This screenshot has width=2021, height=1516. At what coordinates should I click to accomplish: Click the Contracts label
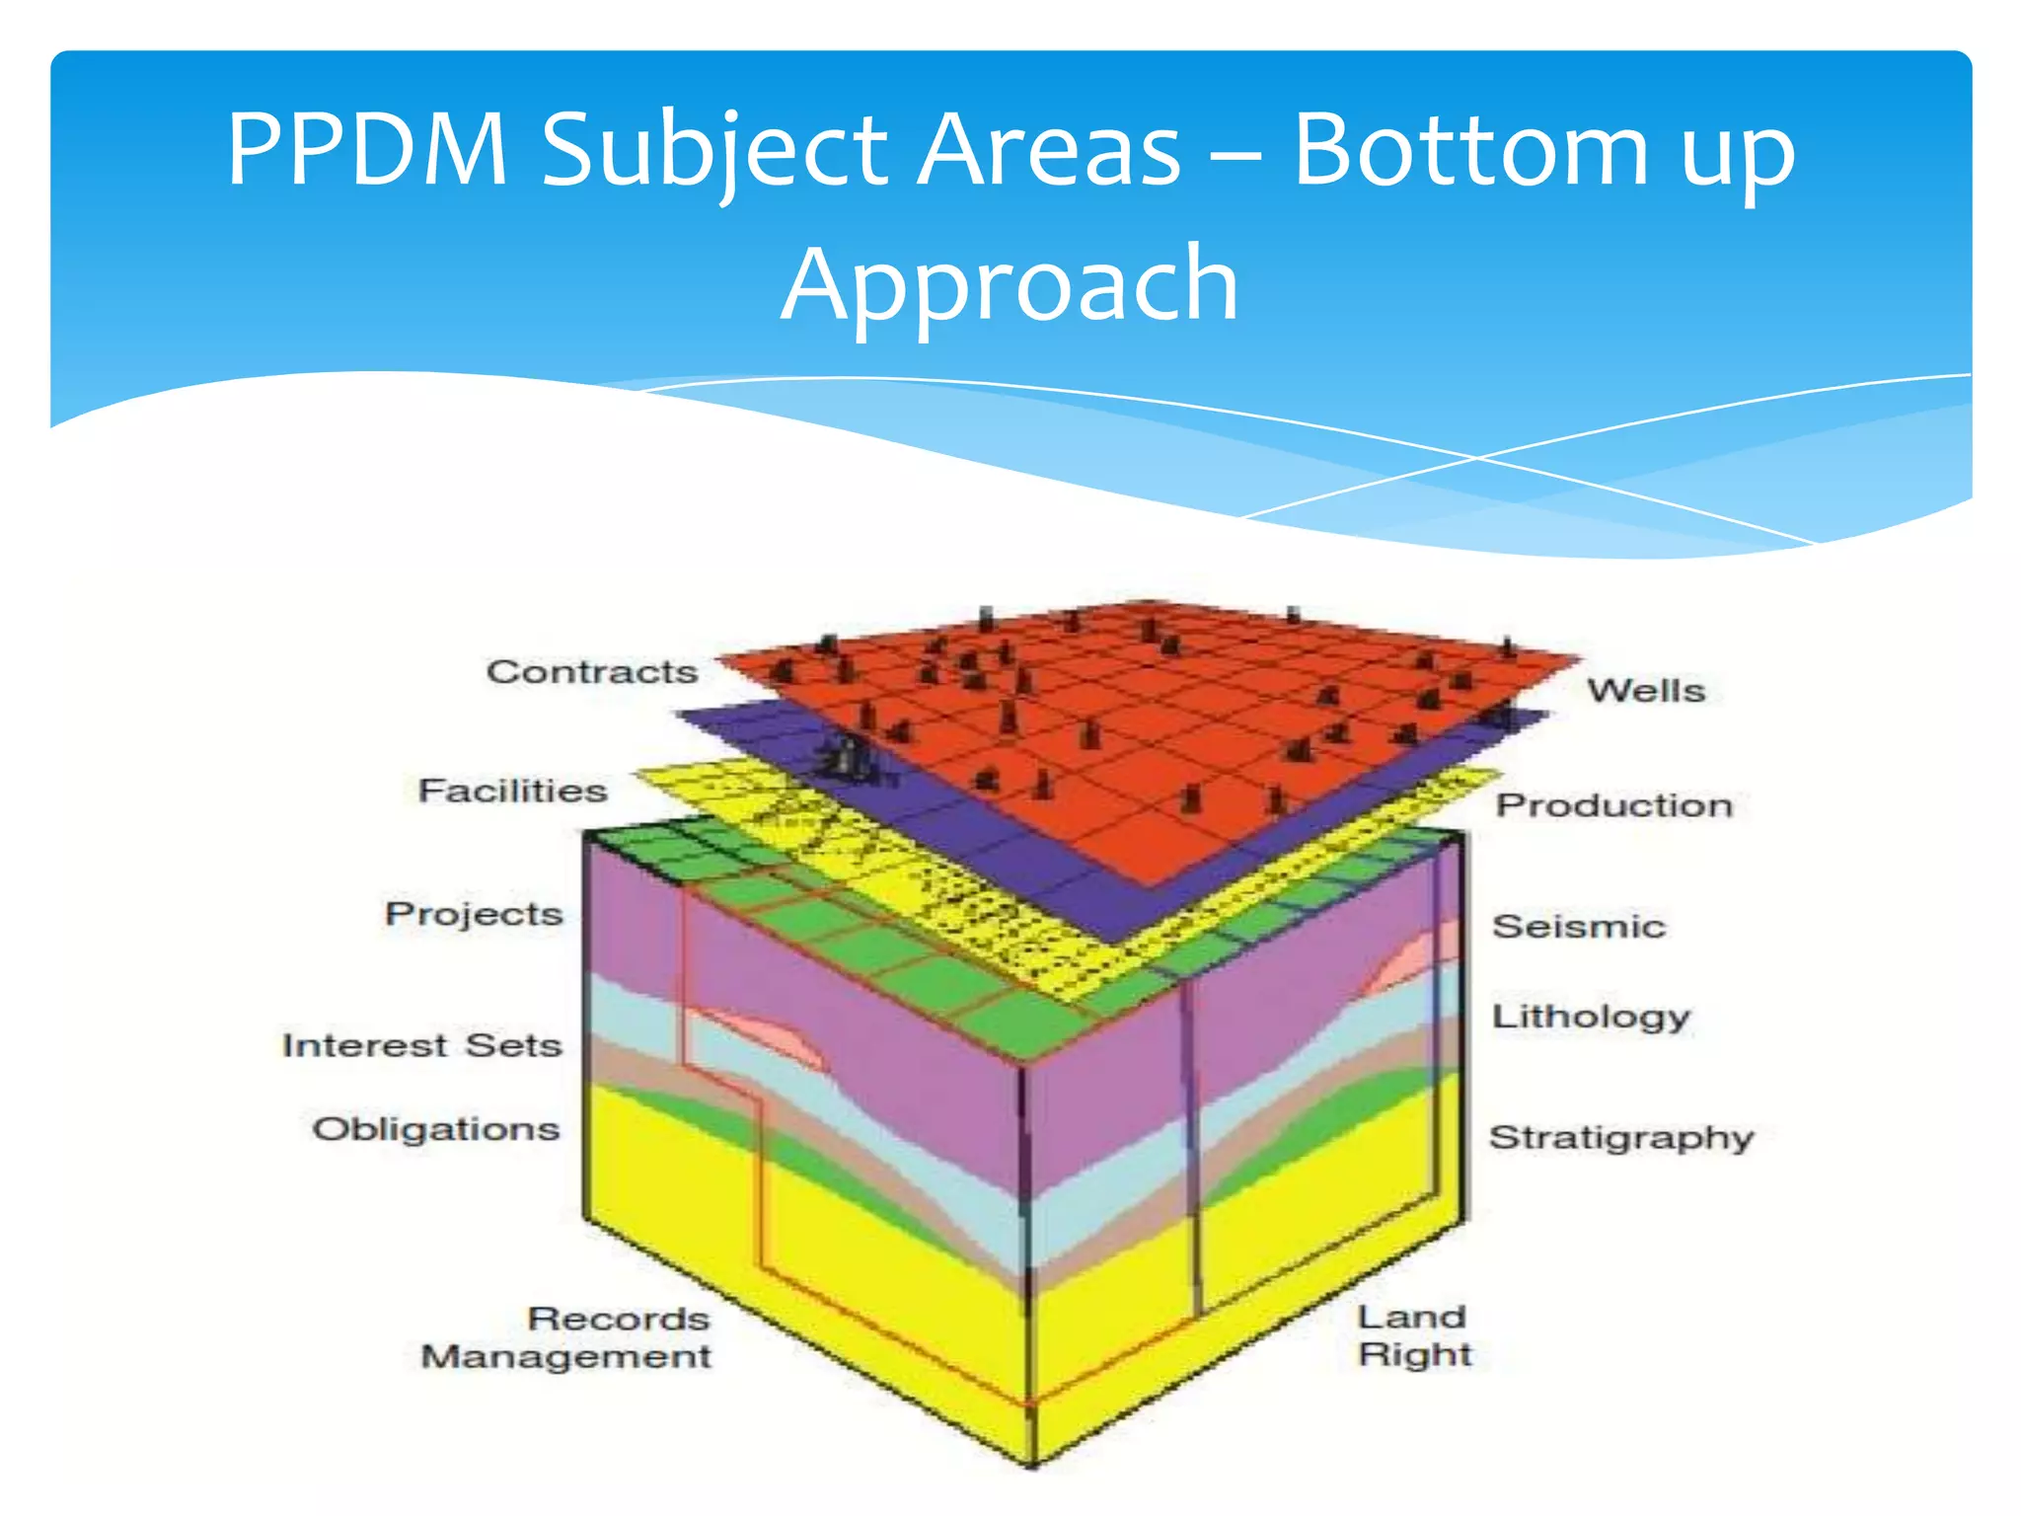tap(592, 672)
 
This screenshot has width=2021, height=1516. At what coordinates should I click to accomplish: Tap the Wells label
tap(1646, 691)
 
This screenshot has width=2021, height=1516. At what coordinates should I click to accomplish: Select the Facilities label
tap(512, 791)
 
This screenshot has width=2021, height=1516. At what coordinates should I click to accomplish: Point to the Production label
tap(1614, 805)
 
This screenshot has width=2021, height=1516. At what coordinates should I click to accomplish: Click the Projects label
tap(474, 914)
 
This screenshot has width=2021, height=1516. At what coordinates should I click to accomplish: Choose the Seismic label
tap(1579, 927)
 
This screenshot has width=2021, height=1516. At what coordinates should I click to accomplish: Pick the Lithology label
tap(1591, 1017)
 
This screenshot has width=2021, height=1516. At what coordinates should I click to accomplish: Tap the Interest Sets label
tap(421, 1045)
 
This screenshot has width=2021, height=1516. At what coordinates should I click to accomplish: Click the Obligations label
tap(435, 1129)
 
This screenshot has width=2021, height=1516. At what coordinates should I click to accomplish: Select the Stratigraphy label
tap(1621, 1138)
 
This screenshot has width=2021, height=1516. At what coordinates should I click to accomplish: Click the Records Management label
tap(566, 1337)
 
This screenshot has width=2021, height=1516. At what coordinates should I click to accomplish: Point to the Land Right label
tap(1414, 1335)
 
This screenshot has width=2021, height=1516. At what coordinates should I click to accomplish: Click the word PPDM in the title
tap(367, 150)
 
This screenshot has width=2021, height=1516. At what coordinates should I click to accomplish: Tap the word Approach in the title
tap(1010, 286)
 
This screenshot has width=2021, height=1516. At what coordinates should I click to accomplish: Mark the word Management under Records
tap(566, 1357)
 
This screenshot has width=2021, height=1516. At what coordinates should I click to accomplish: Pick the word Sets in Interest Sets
tap(513, 1045)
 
